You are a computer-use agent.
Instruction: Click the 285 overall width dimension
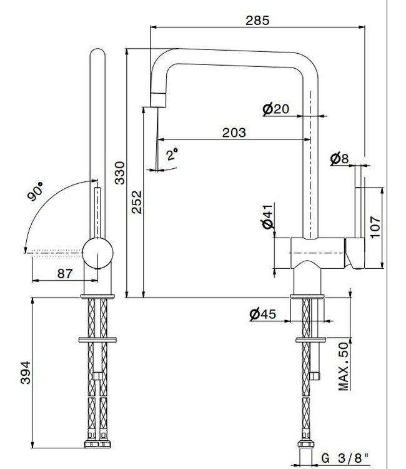tap(257, 20)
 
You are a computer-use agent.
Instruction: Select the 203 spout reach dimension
tap(234, 132)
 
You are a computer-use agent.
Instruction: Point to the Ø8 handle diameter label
tap(339, 159)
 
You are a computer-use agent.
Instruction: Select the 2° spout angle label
tap(172, 154)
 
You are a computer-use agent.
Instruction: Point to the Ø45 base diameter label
tap(262, 314)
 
